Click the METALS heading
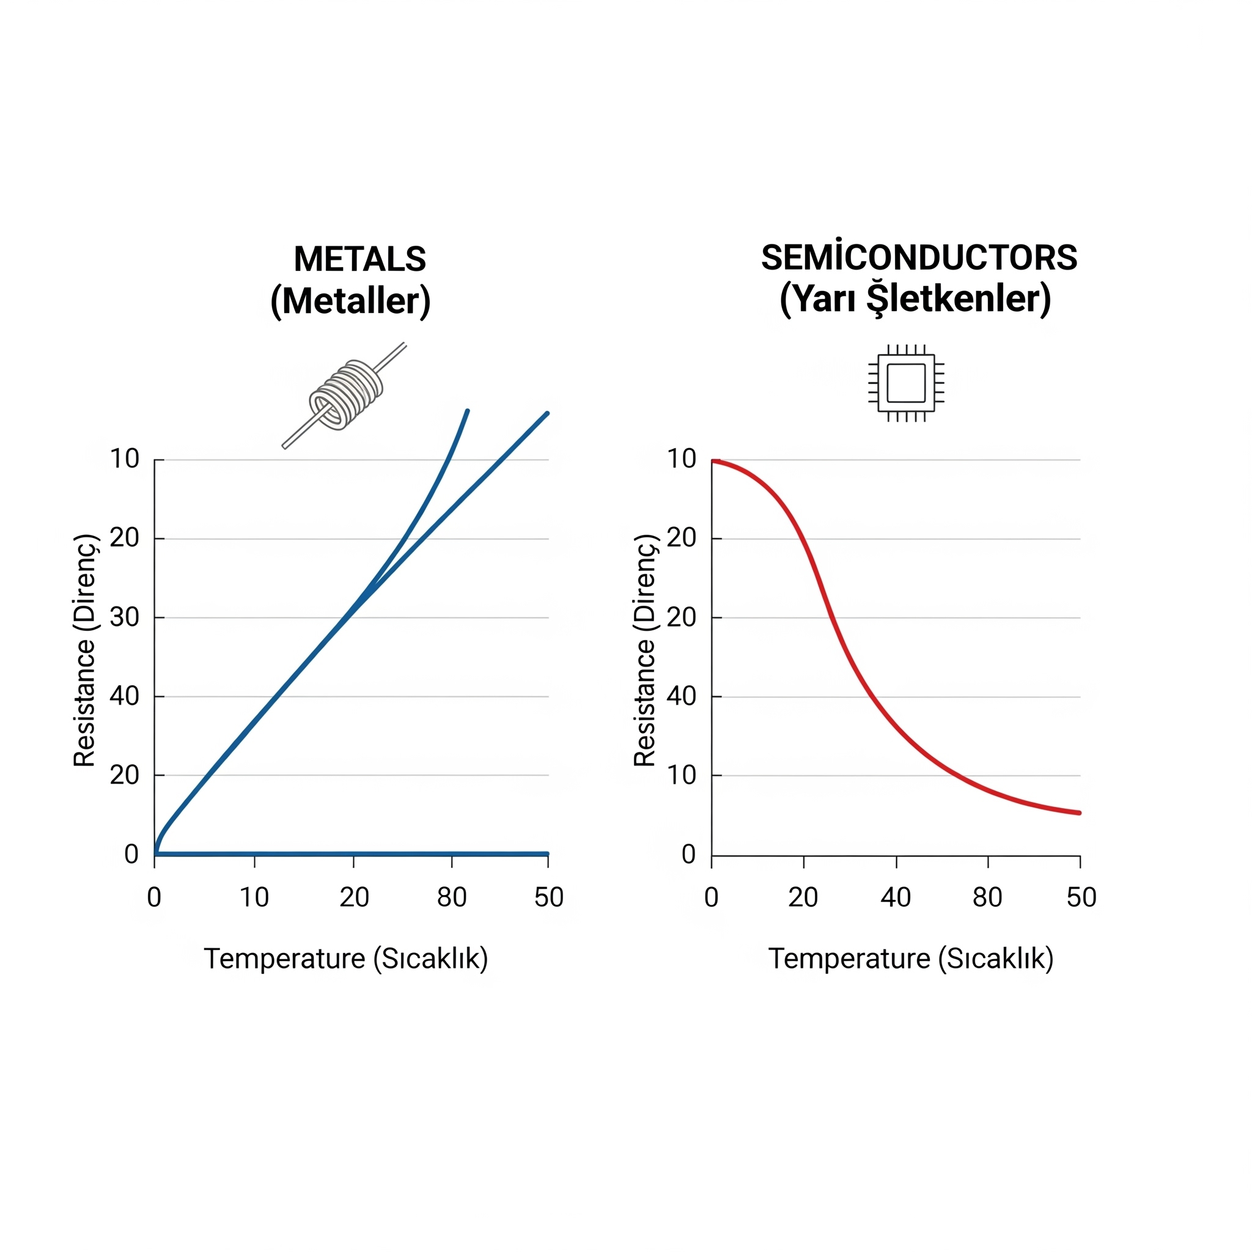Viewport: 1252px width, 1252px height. [x=359, y=259]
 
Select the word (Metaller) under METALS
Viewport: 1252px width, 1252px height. [x=350, y=301]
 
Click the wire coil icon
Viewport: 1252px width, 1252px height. [x=345, y=396]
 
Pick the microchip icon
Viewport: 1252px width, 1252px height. [x=906, y=383]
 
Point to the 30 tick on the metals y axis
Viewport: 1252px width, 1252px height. [x=125, y=617]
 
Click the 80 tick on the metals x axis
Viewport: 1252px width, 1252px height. [x=452, y=897]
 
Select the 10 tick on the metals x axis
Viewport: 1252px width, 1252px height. [x=254, y=897]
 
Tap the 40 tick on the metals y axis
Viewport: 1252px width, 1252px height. [x=125, y=697]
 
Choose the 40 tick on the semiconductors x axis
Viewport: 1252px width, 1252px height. [x=896, y=897]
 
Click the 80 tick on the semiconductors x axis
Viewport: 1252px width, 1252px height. [x=988, y=897]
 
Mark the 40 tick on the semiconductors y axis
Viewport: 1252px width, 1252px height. [x=682, y=697]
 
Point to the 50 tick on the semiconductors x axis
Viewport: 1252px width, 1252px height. [x=1081, y=897]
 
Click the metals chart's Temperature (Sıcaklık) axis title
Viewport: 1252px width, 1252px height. [x=346, y=959]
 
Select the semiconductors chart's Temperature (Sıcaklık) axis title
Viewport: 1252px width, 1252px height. [x=910, y=959]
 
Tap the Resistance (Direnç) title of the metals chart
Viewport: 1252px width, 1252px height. [x=85, y=650]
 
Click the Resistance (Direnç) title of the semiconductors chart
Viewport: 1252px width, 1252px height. [x=645, y=650]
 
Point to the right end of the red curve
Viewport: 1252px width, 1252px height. [x=1079, y=812]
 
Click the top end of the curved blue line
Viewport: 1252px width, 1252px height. [x=467, y=411]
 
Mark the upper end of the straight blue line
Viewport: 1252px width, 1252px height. [x=548, y=413]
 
